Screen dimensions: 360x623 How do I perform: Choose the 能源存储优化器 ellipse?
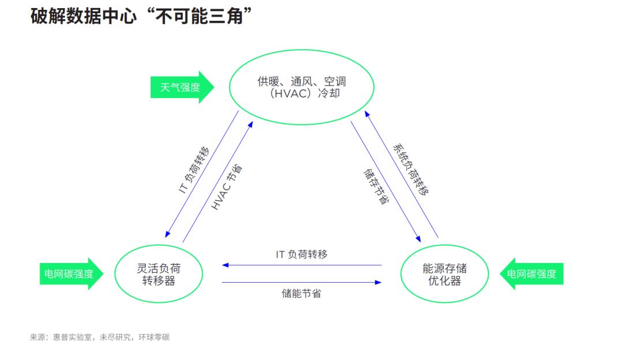click(x=444, y=274)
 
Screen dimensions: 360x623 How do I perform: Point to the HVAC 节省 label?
click(x=227, y=187)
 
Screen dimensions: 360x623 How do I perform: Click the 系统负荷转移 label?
click(x=410, y=170)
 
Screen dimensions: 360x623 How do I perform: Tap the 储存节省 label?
click(x=376, y=186)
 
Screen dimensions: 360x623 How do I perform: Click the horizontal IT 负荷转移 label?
click(x=302, y=254)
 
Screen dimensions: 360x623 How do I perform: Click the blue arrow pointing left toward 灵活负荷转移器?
click(x=302, y=265)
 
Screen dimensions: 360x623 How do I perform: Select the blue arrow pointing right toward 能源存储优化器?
click(x=302, y=282)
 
